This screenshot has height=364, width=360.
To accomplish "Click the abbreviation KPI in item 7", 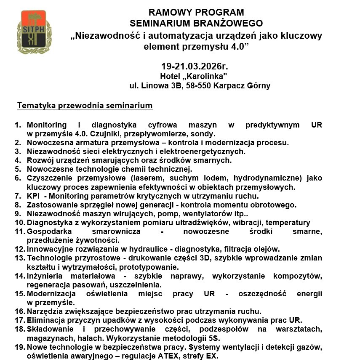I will click(x=33, y=196).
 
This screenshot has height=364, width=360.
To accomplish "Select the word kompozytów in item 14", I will click(x=298, y=276).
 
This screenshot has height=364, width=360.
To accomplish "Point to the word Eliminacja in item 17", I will click(x=45, y=320).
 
